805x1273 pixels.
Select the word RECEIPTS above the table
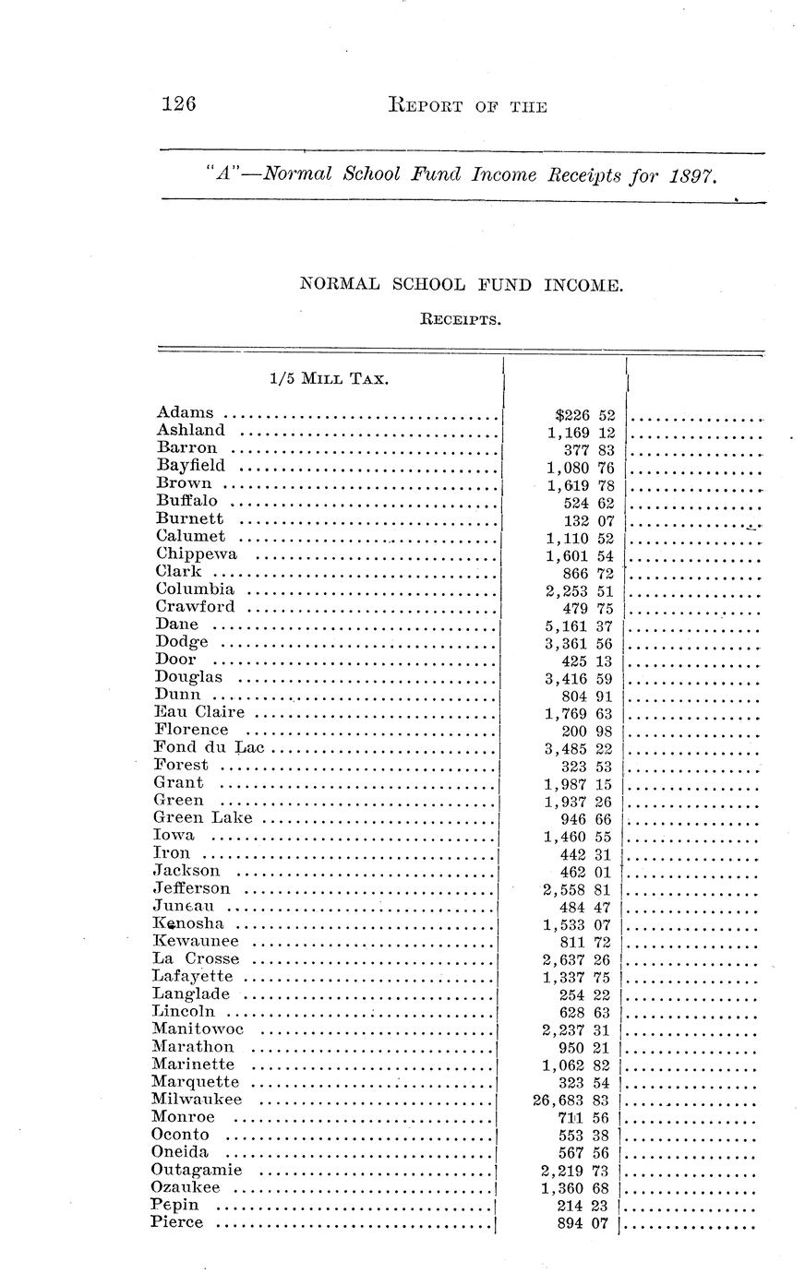pyautogui.click(x=461, y=321)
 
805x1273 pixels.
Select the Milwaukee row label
pyautogui.click(x=197, y=1100)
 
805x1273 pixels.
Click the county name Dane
pyautogui.click(x=176, y=625)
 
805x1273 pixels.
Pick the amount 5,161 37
pyautogui.click(x=580, y=626)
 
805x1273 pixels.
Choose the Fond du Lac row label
pyautogui.click(x=209, y=747)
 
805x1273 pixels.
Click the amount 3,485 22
pyautogui.click(x=580, y=749)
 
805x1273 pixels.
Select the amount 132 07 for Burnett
pyautogui.click(x=587, y=521)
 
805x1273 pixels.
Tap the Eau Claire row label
pyautogui.click(x=199, y=712)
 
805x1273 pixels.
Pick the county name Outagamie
pyautogui.click(x=197, y=1170)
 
